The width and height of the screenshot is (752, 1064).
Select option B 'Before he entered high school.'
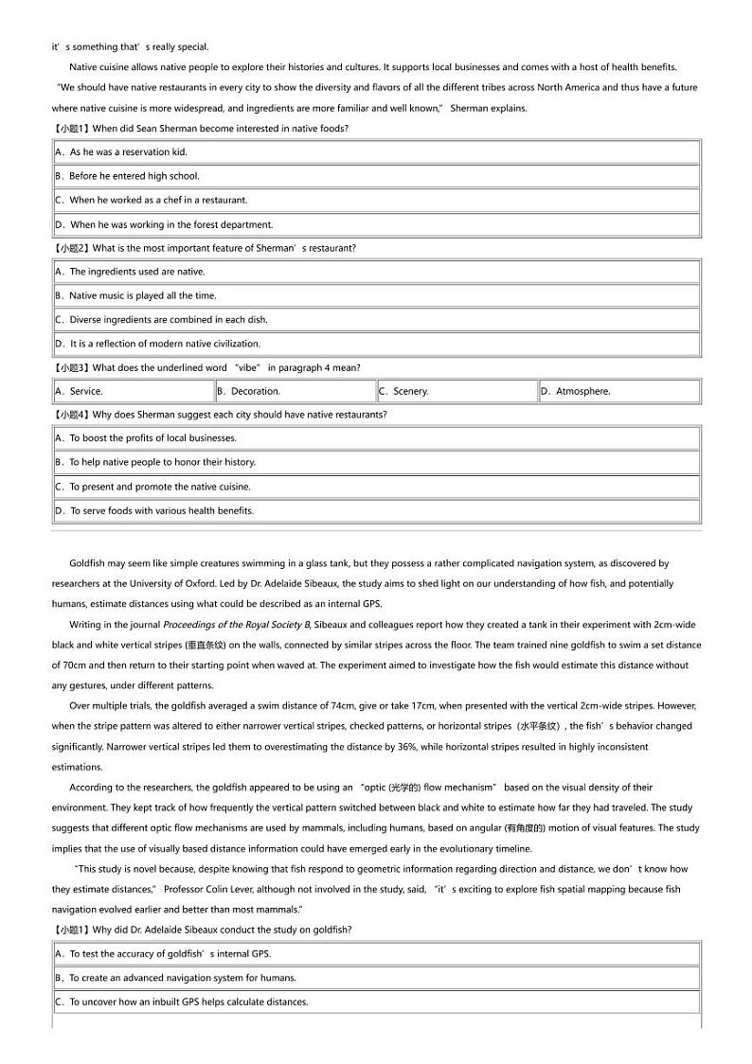134,176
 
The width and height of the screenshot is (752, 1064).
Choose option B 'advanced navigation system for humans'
175,978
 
